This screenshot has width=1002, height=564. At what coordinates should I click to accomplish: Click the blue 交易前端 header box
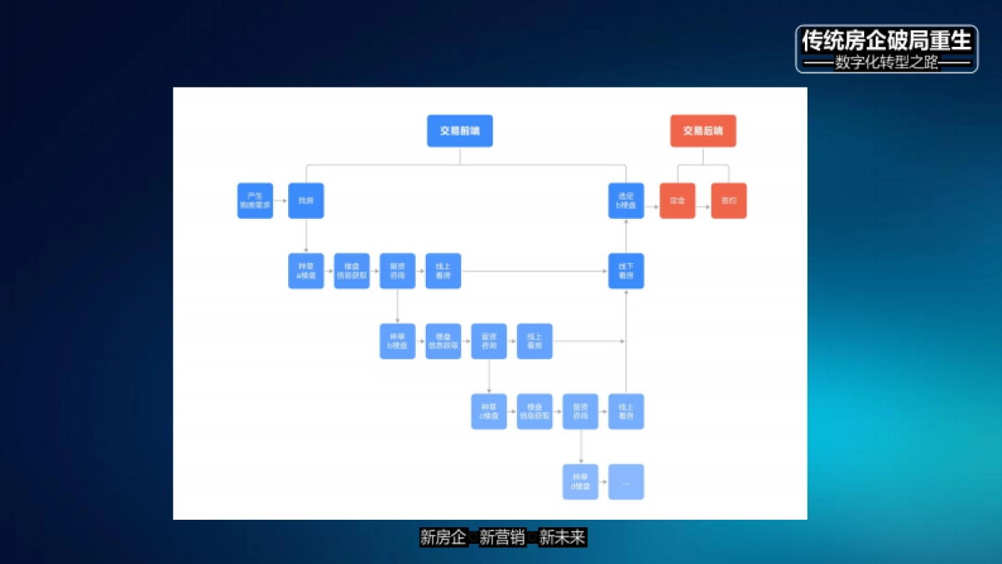[x=459, y=131]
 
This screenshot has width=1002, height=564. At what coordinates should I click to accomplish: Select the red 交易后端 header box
[x=703, y=131]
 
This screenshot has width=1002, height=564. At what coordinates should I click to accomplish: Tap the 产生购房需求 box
[x=255, y=201]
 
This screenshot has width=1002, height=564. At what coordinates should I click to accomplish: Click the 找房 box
[x=306, y=201]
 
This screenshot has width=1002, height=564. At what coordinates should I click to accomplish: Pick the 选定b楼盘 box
[x=625, y=201]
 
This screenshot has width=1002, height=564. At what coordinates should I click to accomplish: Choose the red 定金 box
[x=677, y=201]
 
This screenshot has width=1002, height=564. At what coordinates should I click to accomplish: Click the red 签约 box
[x=728, y=201]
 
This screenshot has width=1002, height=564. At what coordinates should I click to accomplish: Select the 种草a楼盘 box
[x=306, y=271]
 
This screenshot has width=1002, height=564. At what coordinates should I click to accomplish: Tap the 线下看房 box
[x=625, y=271]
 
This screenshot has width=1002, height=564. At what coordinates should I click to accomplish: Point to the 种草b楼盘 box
[x=397, y=341]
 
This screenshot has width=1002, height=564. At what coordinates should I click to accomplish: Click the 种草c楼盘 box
[x=488, y=411]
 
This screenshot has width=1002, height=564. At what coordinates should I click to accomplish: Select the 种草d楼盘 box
[x=580, y=481]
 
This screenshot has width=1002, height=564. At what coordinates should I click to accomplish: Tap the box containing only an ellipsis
[x=625, y=481]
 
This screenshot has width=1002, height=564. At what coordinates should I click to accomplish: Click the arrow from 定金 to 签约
[x=703, y=201]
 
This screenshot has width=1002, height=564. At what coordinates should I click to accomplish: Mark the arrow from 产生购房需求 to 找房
[x=281, y=201]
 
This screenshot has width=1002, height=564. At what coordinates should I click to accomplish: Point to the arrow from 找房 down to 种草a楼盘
[x=306, y=236]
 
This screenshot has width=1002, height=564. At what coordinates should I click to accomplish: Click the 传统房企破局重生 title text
[x=887, y=40]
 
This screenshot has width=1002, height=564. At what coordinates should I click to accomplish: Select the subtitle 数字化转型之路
[x=887, y=63]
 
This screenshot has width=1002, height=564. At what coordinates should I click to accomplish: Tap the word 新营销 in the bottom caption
[x=503, y=537]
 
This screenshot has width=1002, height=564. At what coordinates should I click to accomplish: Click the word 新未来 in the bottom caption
[x=562, y=537]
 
